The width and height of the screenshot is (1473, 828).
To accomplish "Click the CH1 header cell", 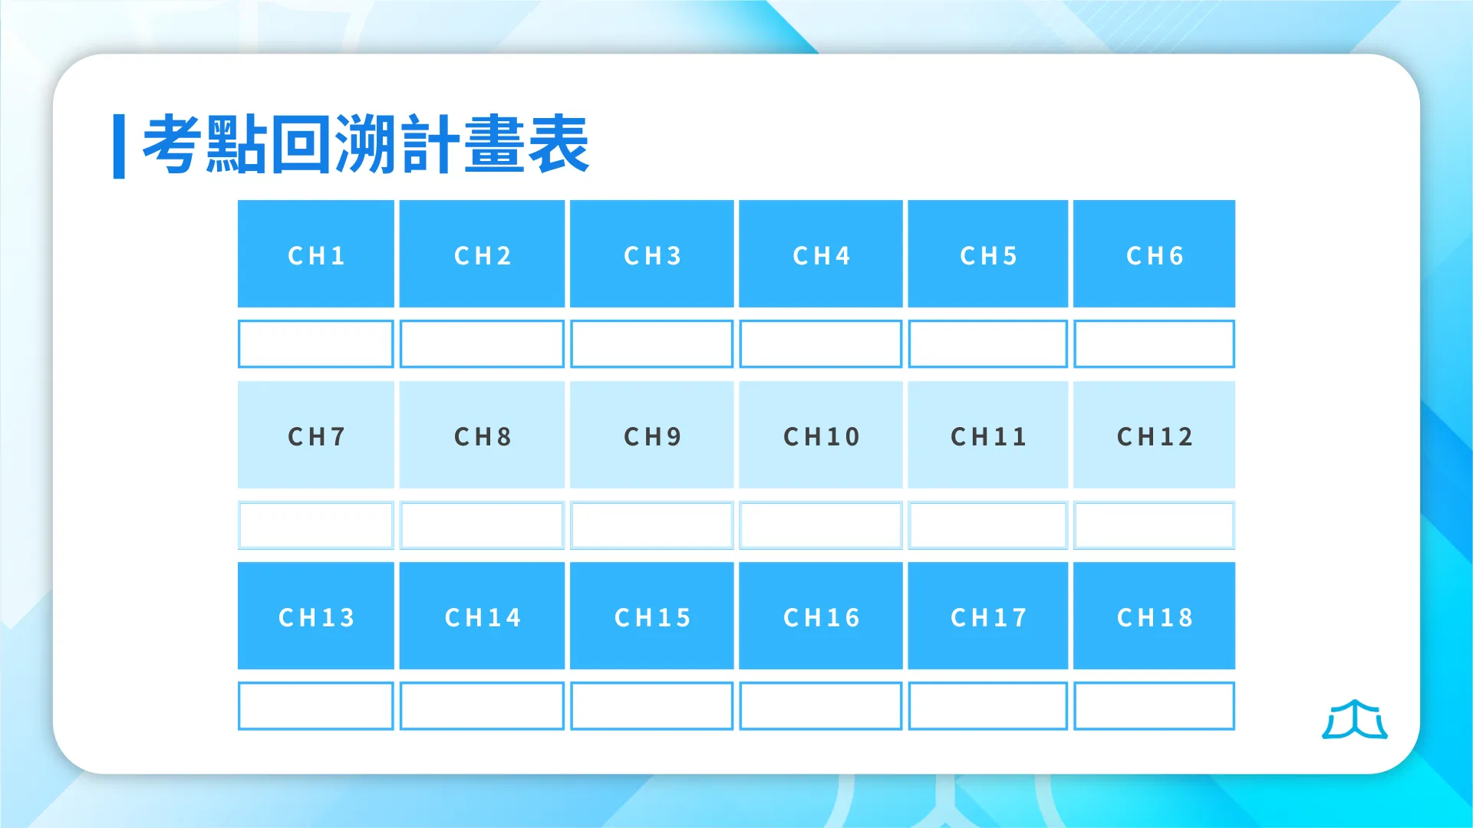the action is coord(315,254).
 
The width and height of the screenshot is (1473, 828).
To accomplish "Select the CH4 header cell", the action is coord(820,254).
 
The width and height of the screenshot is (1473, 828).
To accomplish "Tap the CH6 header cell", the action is coord(1154,254).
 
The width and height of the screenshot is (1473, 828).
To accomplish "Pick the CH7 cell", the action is coord(315,435).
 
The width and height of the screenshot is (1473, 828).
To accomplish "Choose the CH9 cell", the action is coord(651,435).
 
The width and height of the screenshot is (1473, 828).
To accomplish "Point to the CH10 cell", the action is coord(820,435).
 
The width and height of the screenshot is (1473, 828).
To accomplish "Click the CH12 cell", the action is coord(1154,435).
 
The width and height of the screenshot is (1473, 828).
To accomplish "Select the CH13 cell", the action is coord(315,616).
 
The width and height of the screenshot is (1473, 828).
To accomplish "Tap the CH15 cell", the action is coord(651,616).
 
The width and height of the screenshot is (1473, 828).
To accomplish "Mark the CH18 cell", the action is coord(1154,616).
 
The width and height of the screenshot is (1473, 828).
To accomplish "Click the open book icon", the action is coord(1355,721).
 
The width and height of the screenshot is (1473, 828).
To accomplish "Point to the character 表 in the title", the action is coord(559,144).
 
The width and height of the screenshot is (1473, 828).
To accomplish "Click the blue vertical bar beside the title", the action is coord(119,146).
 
